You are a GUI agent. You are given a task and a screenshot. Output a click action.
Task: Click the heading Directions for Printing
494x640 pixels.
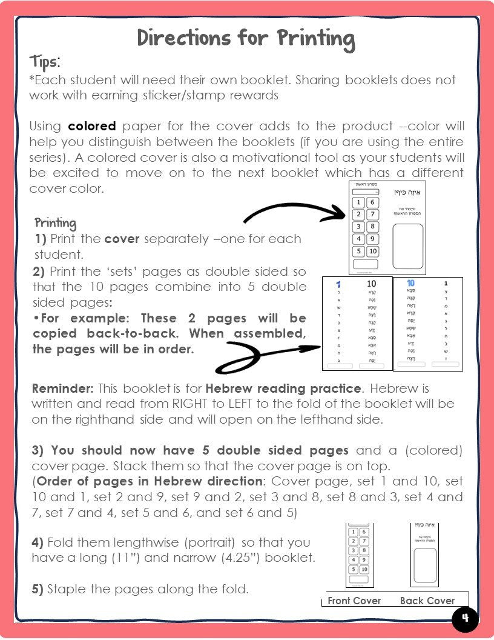coord(246,38)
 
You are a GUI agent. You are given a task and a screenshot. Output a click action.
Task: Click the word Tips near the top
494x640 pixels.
coord(45,62)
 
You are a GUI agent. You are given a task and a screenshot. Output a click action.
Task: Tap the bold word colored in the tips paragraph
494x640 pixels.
coord(91,127)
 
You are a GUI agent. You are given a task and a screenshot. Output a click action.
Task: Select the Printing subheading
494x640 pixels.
coord(56,222)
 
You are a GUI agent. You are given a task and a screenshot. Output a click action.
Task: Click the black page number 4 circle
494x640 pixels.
coord(465,619)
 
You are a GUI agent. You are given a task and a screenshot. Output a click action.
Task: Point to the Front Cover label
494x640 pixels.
coord(354,601)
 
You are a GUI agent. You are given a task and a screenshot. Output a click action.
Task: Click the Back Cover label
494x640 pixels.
coord(427,601)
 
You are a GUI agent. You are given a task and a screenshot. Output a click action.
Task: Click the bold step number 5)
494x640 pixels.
coord(38,588)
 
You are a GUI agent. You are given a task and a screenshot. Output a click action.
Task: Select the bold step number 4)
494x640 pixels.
coord(38,542)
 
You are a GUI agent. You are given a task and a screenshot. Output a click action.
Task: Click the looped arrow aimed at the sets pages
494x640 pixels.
coord(266,355)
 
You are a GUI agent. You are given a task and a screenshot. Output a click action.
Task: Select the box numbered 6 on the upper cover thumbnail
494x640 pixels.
coord(372,202)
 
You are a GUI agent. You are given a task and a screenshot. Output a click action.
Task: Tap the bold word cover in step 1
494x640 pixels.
coord(122,239)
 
